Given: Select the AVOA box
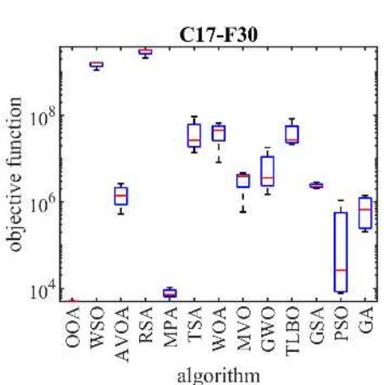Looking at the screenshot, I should (x=121, y=197).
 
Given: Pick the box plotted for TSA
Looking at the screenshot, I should (x=194, y=135).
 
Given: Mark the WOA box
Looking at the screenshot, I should (x=219, y=132).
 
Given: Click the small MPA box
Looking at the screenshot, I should (x=170, y=293).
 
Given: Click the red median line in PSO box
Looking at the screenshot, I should (x=341, y=270).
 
